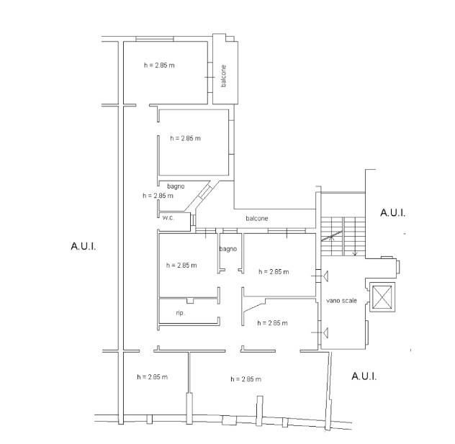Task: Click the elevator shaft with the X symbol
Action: click(382, 296)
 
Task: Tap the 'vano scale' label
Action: click(341, 301)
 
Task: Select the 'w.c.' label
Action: click(168, 217)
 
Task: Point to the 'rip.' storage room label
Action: click(180, 313)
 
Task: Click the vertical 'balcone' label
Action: click(223, 76)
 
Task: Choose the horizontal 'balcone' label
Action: click(257, 218)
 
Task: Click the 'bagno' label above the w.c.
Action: click(176, 186)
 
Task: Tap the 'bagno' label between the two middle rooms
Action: click(228, 249)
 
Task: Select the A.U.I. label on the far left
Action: click(84, 247)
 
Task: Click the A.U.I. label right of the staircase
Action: click(392, 212)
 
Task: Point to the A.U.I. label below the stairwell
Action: click(364, 376)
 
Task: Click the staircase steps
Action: click(343, 236)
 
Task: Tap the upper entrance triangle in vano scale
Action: click(326, 276)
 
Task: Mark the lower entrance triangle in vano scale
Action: click(326, 332)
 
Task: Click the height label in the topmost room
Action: click(159, 65)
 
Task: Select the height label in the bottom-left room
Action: click(153, 377)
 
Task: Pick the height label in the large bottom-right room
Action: click(245, 379)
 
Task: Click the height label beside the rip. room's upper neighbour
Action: click(181, 266)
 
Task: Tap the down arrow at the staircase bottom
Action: click(355, 253)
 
